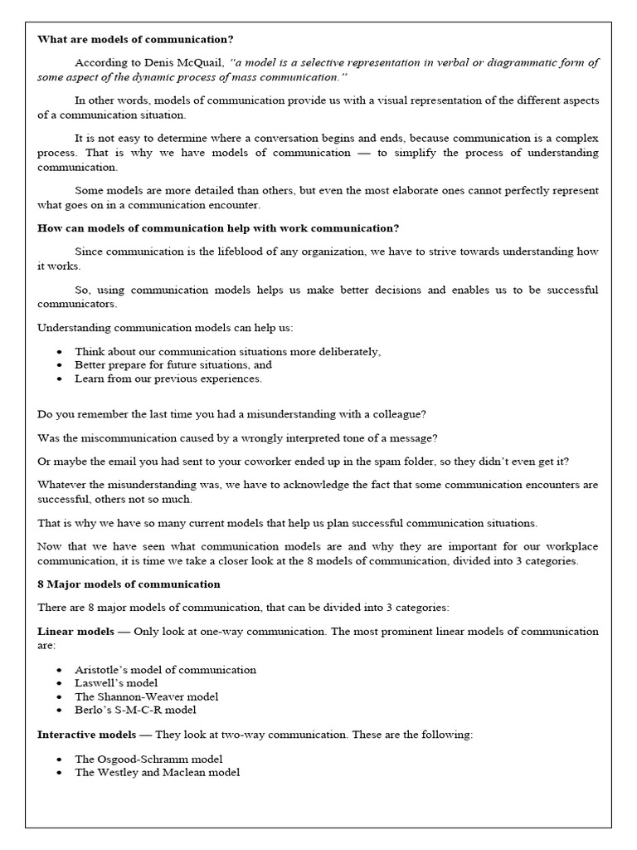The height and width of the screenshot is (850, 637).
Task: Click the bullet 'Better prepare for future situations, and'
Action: click(x=173, y=364)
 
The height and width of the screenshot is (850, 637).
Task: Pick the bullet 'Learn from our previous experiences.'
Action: click(x=168, y=379)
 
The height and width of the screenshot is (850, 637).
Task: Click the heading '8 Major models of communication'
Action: click(x=129, y=584)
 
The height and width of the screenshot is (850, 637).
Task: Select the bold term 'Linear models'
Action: click(x=75, y=632)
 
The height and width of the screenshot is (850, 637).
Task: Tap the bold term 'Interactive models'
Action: click(x=86, y=735)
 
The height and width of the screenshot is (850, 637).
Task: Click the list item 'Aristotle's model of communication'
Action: click(x=165, y=669)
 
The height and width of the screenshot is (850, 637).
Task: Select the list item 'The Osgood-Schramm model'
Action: click(x=148, y=759)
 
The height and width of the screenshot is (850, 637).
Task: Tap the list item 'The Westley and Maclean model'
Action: click(x=157, y=772)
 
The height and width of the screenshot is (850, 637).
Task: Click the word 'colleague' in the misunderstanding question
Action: click(x=399, y=413)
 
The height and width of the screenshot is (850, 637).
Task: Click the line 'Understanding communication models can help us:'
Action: click(x=165, y=328)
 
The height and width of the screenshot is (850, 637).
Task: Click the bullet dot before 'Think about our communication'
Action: click(x=59, y=352)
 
